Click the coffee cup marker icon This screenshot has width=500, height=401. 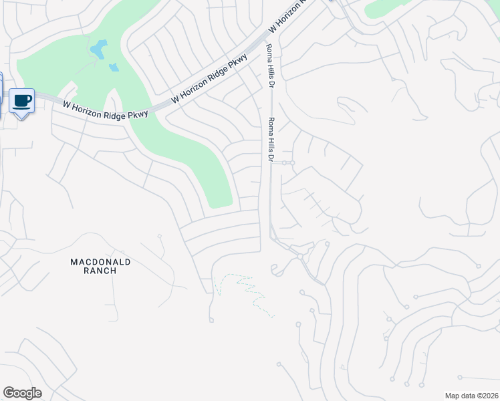tap(22, 100)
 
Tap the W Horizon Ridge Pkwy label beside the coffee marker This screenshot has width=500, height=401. tap(105, 110)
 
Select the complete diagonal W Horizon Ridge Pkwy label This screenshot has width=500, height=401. tap(210, 79)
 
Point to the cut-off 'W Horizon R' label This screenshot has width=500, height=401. tap(286, 17)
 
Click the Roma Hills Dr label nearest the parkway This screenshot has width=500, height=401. tap(271, 66)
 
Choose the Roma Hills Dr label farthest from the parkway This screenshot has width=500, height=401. tap(271, 140)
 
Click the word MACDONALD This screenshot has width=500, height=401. tap(100, 262)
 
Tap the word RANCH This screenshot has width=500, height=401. tap(100, 271)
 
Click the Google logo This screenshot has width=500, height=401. tap(22, 393)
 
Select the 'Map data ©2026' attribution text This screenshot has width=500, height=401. tap(471, 396)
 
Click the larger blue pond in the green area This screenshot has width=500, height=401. tap(99, 49)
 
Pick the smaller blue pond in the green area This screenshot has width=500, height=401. tap(114, 67)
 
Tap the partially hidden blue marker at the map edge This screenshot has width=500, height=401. tap(1, 94)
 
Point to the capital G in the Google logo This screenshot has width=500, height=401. tap(9, 393)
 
